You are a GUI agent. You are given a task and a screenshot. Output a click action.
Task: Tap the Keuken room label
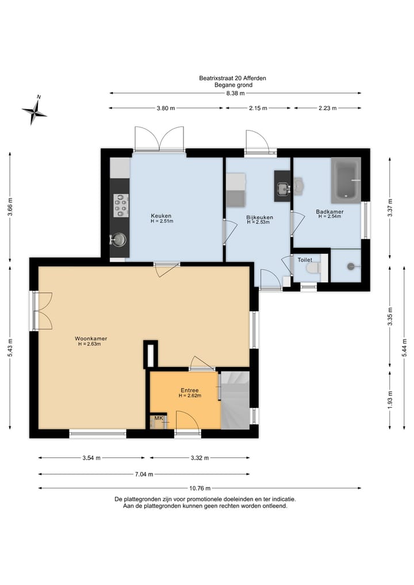161,216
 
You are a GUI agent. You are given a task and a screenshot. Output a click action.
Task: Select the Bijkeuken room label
259,217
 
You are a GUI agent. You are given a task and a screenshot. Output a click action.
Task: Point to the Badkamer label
329,212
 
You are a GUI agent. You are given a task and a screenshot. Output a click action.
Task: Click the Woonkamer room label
91,338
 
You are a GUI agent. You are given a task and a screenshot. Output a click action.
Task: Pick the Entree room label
190,390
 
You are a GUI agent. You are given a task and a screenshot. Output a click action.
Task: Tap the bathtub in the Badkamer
346,180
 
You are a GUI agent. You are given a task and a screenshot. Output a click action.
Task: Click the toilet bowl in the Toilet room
313,267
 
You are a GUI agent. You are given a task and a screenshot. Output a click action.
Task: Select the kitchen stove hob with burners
121,205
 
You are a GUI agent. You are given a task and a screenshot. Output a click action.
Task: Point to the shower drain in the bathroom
351,266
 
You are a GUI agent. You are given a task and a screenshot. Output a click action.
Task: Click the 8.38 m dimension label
235,93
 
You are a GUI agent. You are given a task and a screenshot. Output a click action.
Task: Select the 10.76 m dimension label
200,488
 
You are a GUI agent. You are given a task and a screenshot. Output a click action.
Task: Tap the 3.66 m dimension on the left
10,207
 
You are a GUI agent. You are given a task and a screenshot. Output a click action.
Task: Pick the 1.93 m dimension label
390,400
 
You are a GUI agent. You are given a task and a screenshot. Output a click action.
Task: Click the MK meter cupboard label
159,418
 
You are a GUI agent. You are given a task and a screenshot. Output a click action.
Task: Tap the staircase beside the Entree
235,400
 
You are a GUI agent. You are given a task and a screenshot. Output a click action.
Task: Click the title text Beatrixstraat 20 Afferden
233,78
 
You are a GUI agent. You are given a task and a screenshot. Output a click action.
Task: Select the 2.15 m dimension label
258,108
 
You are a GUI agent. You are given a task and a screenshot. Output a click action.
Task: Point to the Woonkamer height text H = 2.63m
90,344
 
